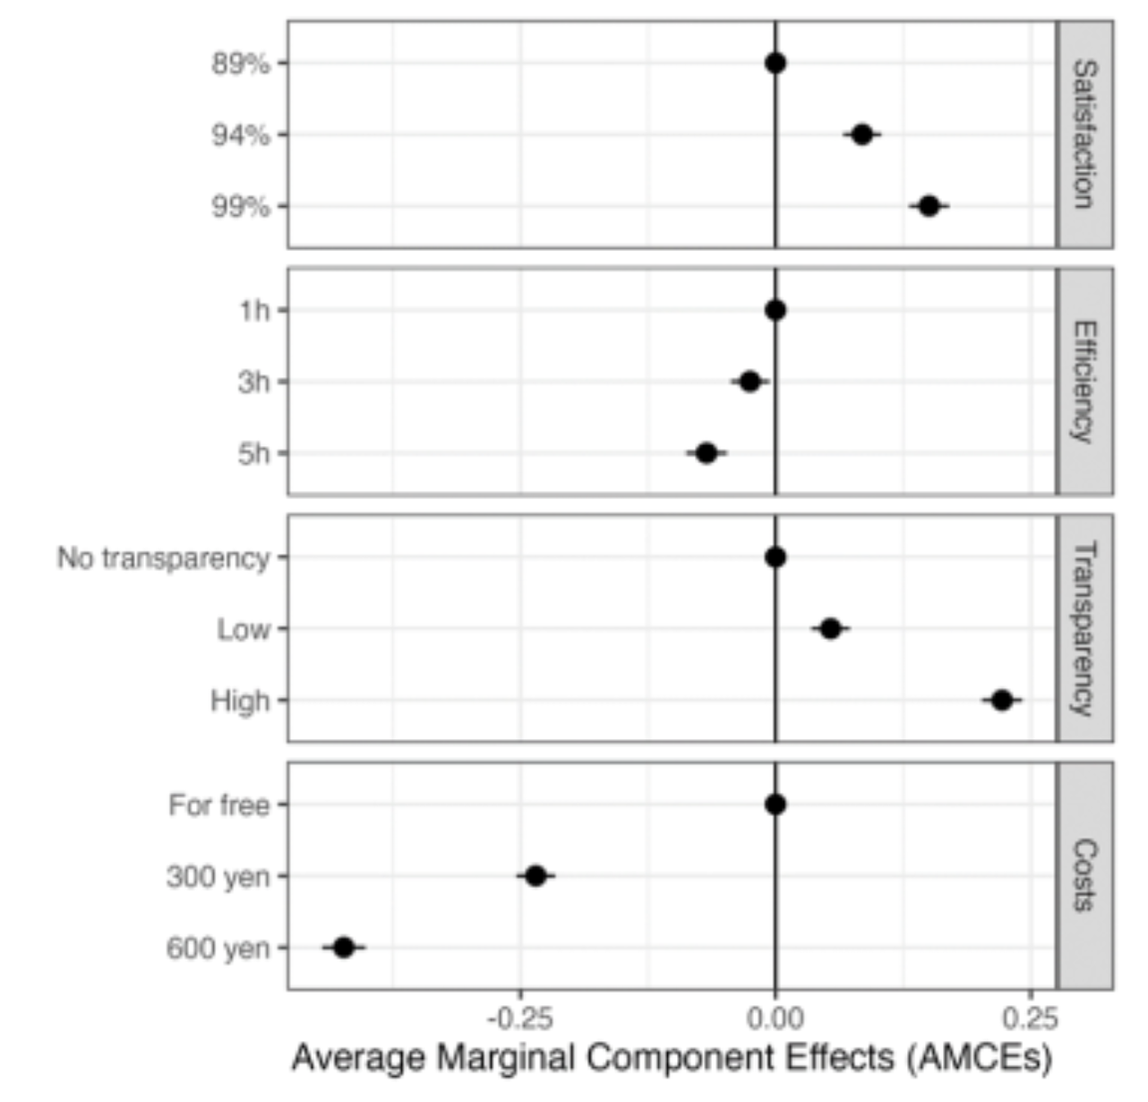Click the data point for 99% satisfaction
(929, 206)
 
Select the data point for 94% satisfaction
(861, 135)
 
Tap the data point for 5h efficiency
(706, 453)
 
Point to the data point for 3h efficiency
(750, 382)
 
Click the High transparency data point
(1002, 701)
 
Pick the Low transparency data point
(830, 629)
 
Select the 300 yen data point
(535, 875)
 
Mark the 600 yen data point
(344, 947)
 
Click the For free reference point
(775, 805)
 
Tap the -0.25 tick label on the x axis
(519, 1019)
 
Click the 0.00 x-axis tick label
(775, 1019)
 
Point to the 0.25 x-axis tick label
(1030, 1019)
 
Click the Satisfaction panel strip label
(1084, 133)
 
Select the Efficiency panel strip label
(1084, 382)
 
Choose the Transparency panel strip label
(1084, 628)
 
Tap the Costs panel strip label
(1084, 875)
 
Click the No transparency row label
(163, 558)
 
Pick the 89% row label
(240, 64)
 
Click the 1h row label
(253, 311)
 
